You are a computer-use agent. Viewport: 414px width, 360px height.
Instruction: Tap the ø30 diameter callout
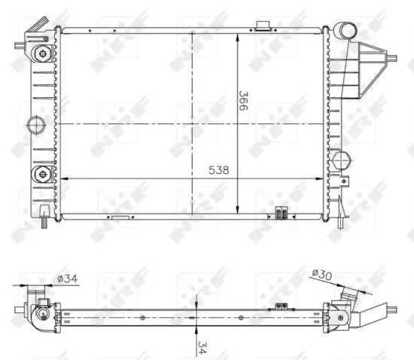(x=322, y=274)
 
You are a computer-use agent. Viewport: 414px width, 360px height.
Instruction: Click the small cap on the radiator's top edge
(x=263, y=26)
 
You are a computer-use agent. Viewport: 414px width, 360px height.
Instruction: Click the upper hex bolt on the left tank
(x=42, y=55)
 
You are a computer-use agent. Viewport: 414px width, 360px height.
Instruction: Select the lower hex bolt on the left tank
(x=42, y=175)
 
